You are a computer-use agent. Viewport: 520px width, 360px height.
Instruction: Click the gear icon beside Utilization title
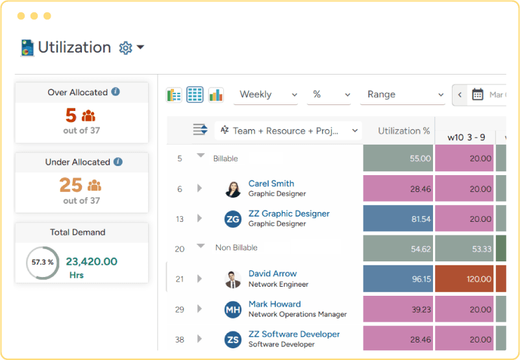point(125,48)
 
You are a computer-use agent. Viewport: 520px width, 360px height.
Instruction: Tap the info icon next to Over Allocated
point(116,92)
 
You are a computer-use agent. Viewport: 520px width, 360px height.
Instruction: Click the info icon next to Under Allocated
point(118,162)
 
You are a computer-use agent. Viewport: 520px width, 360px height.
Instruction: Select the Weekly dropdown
point(266,95)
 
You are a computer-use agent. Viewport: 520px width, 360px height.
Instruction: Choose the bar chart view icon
point(216,95)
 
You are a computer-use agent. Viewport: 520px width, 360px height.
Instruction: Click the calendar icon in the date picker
point(478,95)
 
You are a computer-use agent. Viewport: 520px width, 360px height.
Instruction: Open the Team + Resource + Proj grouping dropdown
point(288,130)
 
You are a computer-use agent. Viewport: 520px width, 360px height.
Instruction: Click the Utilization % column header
point(404,131)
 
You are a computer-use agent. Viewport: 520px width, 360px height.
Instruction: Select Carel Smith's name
point(271,184)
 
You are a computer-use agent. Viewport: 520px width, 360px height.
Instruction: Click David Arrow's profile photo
point(233,279)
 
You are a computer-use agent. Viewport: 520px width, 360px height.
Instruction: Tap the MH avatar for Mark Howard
point(233,309)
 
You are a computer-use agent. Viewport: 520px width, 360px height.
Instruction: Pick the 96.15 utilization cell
point(398,279)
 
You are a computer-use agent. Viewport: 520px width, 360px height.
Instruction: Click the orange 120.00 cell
point(464,279)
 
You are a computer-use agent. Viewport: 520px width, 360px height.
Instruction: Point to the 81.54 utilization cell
point(398,219)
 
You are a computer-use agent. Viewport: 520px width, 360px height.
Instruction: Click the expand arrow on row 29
point(199,309)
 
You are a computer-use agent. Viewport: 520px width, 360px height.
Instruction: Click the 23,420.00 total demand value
point(92,262)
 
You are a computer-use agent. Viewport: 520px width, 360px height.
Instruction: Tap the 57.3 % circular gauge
point(42,263)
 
